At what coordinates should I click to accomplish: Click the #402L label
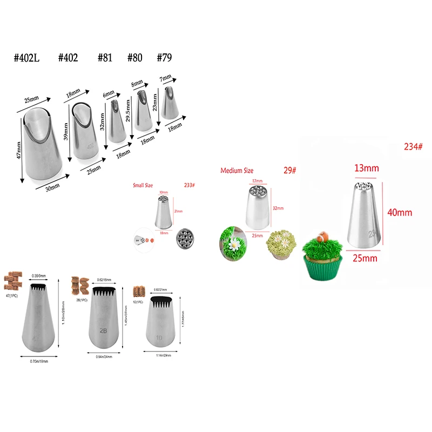click(28, 58)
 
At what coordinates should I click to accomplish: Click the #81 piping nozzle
click(116, 120)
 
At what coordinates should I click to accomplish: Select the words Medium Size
click(237, 171)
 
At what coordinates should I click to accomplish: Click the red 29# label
click(290, 171)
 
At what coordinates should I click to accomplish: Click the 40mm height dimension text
click(399, 212)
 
